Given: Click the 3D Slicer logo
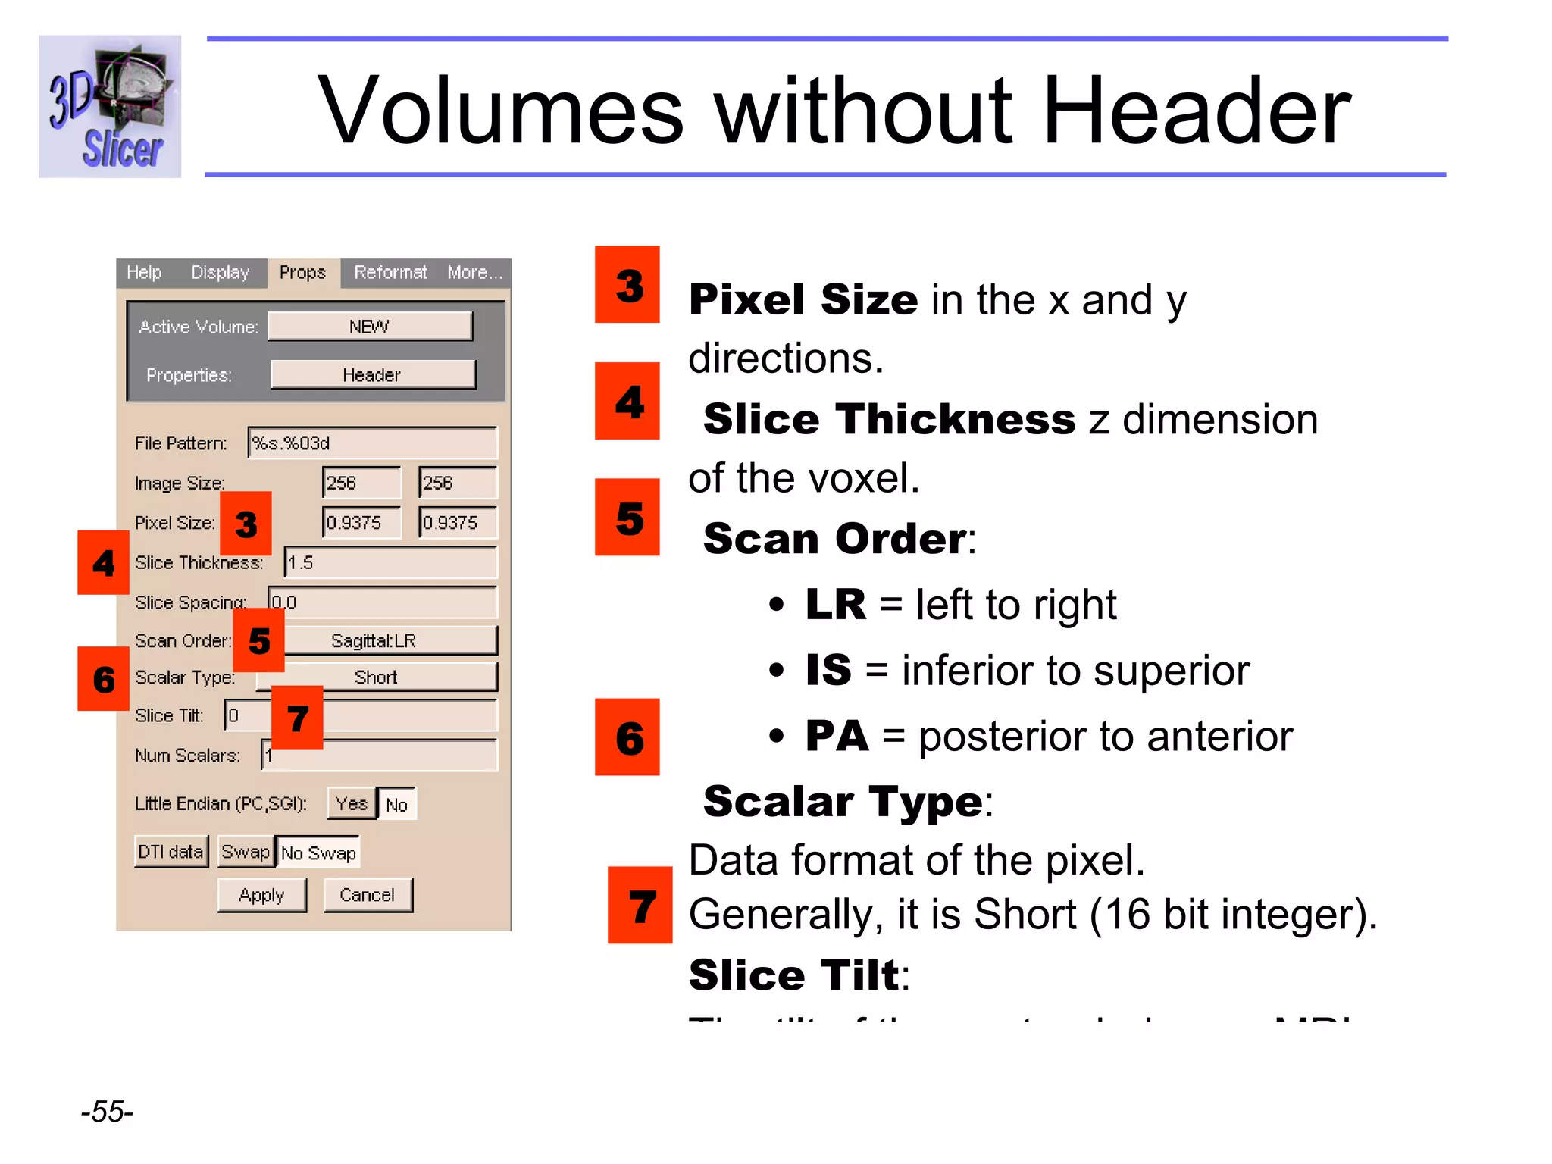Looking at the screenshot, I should coord(110,107).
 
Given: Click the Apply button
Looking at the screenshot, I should coord(261,895).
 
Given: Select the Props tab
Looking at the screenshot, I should coord(302,272).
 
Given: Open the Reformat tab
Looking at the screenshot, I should coord(390,272).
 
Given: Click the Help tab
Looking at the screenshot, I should coord(144,272).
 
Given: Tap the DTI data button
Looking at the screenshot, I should coord(171,852).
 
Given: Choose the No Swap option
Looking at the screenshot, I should coord(318,853).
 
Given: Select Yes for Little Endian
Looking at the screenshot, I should coord(352,803).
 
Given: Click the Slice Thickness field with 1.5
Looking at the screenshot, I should coord(391,562).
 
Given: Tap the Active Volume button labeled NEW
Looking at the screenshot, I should coord(370,327).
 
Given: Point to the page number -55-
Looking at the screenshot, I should coord(107,1112).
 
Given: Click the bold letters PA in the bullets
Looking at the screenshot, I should coord(837,735).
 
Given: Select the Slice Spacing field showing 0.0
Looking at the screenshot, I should coord(383,602).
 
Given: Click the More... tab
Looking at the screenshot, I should coord(474,272).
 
